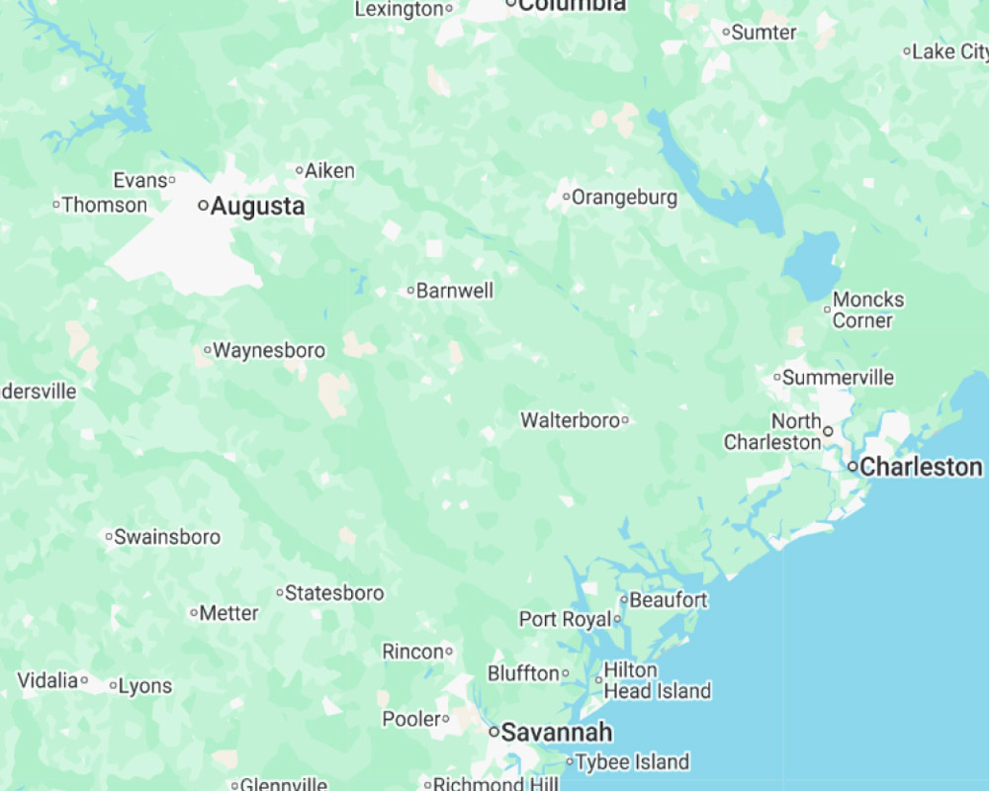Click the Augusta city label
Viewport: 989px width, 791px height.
pyautogui.click(x=257, y=207)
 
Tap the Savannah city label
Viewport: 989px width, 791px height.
pyautogui.click(x=557, y=733)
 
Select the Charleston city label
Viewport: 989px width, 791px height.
pyautogui.click(x=921, y=467)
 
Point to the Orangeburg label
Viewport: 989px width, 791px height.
pyautogui.click(x=624, y=198)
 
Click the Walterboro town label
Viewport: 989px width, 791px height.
pyautogui.click(x=570, y=420)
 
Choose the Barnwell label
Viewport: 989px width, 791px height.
pyautogui.click(x=455, y=291)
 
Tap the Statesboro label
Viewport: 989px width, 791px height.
pyautogui.click(x=334, y=593)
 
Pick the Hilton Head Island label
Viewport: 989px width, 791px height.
pyautogui.click(x=657, y=680)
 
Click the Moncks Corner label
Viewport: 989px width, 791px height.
pyautogui.click(x=867, y=309)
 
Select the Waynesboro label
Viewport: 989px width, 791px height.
pyautogui.click(x=269, y=350)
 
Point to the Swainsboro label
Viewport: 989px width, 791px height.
pyautogui.click(x=167, y=537)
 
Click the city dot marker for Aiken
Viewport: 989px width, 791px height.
pyautogui.click(x=300, y=171)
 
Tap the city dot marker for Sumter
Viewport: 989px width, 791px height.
pyautogui.click(x=726, y=33)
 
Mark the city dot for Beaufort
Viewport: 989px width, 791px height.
pyautogui.click(x=624, y=600)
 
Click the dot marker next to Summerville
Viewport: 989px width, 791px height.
pyautogui.click(x=777, y=378)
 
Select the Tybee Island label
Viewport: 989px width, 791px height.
pyautogui.click(x=632, y=762)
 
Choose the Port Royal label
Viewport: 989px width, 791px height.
pyautogui.click(x=565, y=620)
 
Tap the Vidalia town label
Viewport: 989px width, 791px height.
pyautogui.click(x=47, y=680)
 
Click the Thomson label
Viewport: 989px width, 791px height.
pyautogui.click(x=105, y=206)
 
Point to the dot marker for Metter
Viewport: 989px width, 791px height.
pyautogui.click(x=194, y=613)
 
